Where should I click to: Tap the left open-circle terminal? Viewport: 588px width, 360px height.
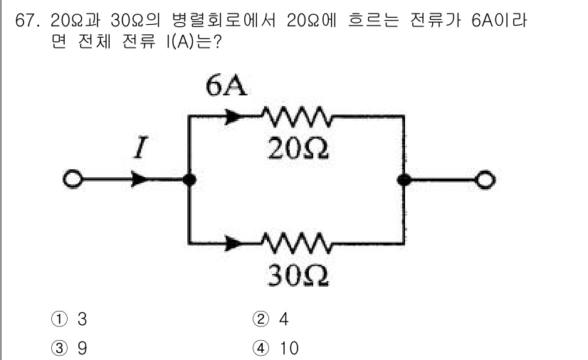[71, 180]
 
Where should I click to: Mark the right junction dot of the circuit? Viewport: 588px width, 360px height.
[404, 180]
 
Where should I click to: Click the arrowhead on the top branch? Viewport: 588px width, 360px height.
[231, 115]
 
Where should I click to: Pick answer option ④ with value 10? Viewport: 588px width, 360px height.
[278, 348]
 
